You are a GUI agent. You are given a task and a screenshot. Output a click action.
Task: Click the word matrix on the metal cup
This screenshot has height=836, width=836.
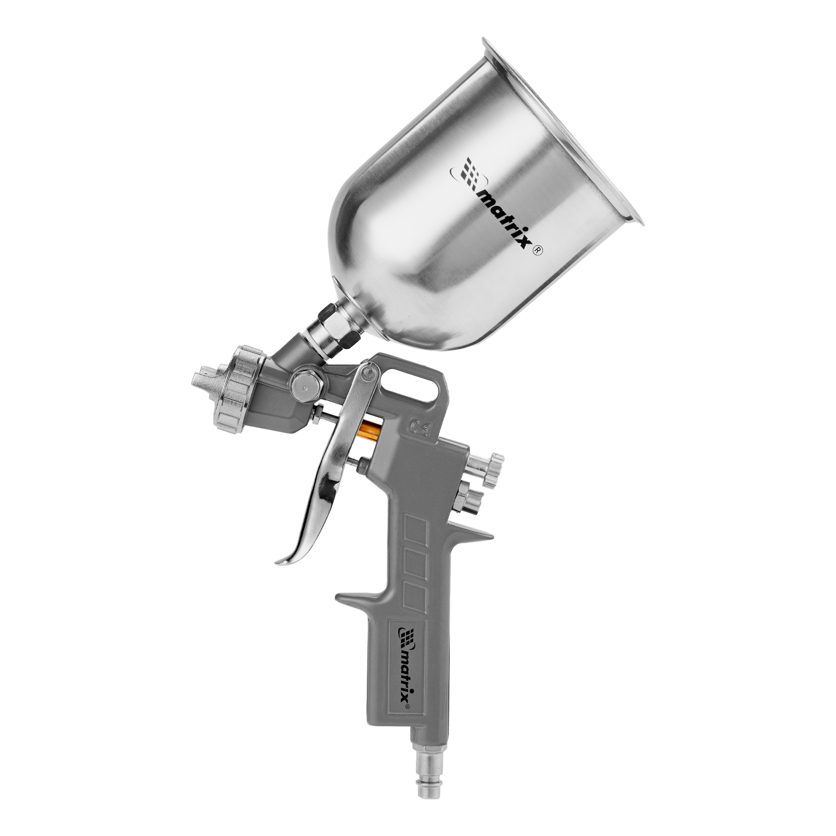tap(504, 219)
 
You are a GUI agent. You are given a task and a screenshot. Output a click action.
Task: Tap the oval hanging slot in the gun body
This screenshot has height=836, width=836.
tap(410, 386)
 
